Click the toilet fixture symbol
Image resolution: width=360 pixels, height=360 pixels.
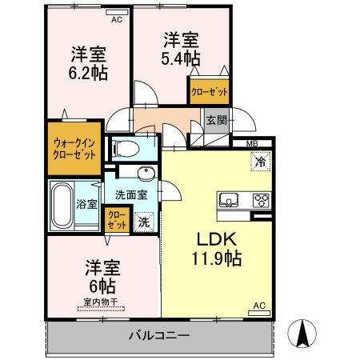tap(126, 148)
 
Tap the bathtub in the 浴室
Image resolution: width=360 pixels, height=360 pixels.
tap(62, 205)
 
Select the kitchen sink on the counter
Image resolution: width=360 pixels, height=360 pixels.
tap(229, 200)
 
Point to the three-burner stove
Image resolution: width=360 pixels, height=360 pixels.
tap(262, 200)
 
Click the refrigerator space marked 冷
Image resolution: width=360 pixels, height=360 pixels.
tap(261, 161)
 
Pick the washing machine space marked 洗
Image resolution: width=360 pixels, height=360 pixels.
tap(144, 222)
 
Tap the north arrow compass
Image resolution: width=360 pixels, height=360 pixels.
tap(302, 334)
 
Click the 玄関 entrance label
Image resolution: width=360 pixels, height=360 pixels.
tap(216, 120)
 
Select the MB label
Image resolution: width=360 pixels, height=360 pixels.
tap(252, 144)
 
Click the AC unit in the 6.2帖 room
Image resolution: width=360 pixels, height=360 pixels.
tap(117, 12)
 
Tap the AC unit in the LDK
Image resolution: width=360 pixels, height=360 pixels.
tap(259, 313)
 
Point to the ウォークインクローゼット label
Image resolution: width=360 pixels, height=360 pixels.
tap(74, 149)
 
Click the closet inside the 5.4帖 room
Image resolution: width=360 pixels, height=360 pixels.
tap(210, 91)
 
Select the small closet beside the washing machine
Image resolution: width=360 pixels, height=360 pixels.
tap(117, 219)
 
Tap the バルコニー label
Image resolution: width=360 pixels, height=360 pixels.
tap(159, 335)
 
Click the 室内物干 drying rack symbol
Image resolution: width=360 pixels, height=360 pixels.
tap(101, 309)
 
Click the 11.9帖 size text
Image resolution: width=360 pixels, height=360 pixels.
tap(217, 258)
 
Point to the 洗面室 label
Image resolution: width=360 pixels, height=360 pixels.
tap(131, 195)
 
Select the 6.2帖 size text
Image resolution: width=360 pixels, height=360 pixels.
tap(88, 73)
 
